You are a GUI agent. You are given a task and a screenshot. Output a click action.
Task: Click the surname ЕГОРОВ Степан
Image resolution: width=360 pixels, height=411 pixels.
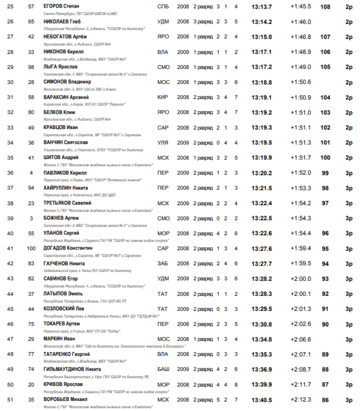60,7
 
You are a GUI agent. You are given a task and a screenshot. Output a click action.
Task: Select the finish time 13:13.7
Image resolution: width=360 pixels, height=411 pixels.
262,7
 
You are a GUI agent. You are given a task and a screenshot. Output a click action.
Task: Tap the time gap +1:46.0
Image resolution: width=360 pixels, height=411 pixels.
300,22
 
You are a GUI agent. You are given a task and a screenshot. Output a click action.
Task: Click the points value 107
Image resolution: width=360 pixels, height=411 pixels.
325,37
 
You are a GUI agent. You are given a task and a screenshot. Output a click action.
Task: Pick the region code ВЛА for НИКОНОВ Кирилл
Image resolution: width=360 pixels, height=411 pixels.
163,52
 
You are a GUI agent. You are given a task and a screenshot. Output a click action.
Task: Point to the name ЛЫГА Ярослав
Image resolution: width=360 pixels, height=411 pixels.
60,67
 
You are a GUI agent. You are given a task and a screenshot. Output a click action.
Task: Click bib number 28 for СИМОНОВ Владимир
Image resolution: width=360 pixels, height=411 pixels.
31,82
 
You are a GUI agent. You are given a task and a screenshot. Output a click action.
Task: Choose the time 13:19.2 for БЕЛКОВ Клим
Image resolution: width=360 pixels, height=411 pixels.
262,112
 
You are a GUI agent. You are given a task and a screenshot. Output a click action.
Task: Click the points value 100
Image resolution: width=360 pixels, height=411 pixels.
325,157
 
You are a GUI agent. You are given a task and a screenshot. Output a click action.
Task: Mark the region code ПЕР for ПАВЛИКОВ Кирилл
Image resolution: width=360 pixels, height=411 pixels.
163,173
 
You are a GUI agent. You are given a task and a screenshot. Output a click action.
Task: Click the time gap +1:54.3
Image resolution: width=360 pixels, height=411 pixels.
300,218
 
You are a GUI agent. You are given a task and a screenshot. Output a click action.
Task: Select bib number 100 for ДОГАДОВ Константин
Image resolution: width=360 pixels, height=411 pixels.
31,248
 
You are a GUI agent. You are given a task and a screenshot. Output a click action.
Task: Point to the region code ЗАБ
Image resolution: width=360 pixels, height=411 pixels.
163,263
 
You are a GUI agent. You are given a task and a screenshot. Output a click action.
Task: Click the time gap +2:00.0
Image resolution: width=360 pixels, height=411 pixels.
300,278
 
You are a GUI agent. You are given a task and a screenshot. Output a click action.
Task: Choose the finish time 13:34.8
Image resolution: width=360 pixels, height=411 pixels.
262,339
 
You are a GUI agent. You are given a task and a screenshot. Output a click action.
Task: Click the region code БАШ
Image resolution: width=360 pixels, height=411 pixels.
163,369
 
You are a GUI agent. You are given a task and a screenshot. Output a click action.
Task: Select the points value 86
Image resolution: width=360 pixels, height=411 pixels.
325,399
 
